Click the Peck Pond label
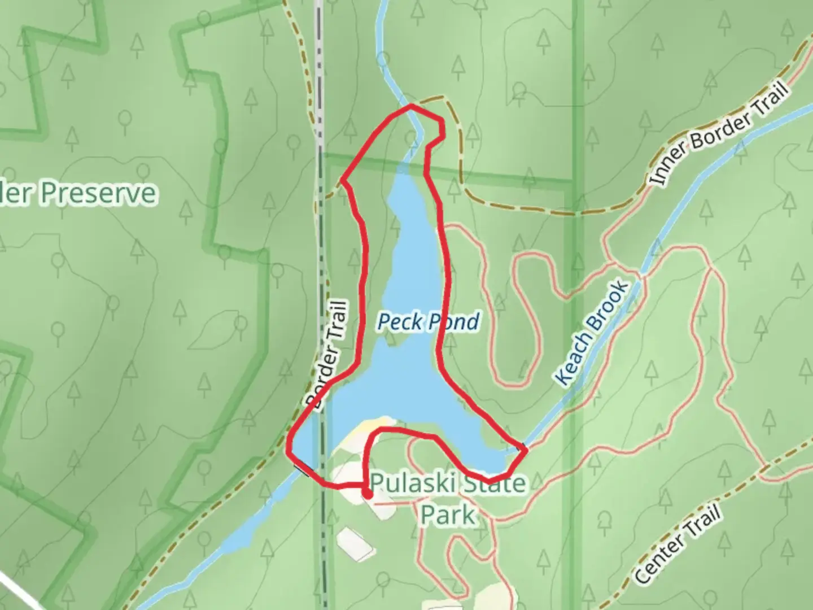click(x=428, y=322)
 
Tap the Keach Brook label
click(x=592, y=333)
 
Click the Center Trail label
click(x=677, y=546)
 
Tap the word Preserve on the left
click(x=99, y=193)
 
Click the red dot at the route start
click(x=368, y=495)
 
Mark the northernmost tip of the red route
click(x=411, y=106)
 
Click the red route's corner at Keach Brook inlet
click(x=526, y=450)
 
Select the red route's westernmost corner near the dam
click(x=290, y=452)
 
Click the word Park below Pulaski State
click(x=448, y=515)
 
